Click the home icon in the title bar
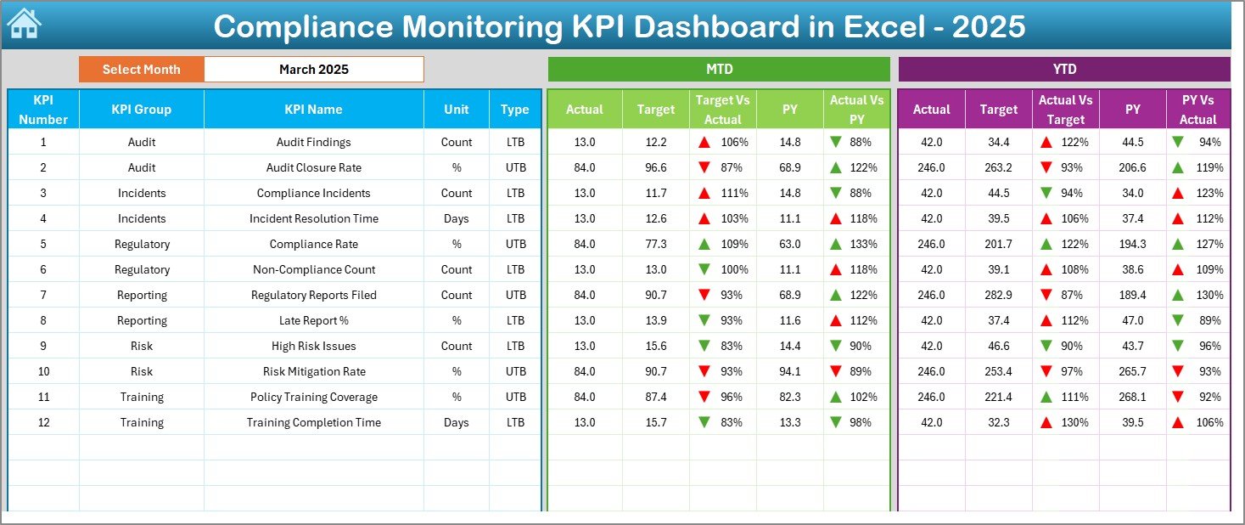(x=23, y=24)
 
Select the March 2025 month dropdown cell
(x=313, y=70)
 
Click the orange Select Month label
(x=141, y=70)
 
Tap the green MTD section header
(x=718, y=70)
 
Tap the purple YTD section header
(x=1063, y=70)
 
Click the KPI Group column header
(x=141, y=110)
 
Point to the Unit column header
(x=456, y=110)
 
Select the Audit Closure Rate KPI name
(x=313, y=167)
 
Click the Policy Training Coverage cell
(x=313, y=397)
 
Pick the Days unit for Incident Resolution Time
(x=456, y=218)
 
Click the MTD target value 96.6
(x=655, y=167)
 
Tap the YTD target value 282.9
(x=998, y=295)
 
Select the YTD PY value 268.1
(x=1132, y=397)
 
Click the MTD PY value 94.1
(x=789, y=371)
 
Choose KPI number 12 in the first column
(x=43, y=422)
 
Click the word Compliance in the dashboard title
(x=298, y=26)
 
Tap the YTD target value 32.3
(x=998, y=422)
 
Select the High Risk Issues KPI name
(x=313, y=346)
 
